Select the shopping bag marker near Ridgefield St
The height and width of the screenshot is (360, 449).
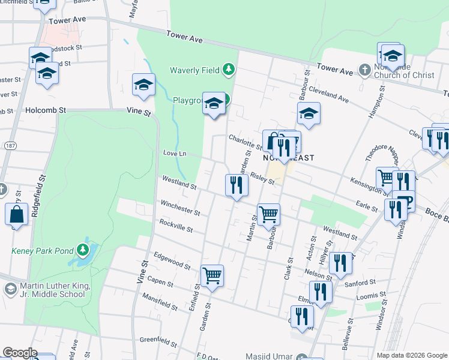coord(17,214)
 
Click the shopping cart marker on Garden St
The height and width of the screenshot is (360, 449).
coord(212,276)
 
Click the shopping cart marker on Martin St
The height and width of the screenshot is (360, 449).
coord(268,214)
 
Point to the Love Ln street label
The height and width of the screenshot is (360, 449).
coord(175,154)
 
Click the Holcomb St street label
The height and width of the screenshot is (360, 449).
coord(46,110)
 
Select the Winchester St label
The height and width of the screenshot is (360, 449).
coord(180,208)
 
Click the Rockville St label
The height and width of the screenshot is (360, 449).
coord(176,226)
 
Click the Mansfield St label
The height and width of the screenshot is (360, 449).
coord(160,301)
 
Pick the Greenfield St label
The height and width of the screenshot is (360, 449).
coord(157,340)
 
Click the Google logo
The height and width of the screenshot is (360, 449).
coord(20,353)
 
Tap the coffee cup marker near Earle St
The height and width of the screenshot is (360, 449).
coord(405,201)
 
